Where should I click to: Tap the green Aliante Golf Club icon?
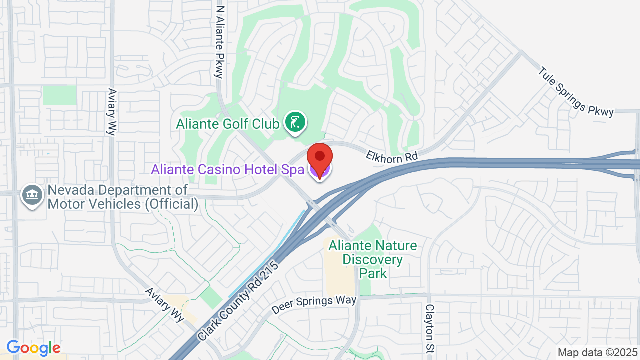pyautogui.click(x=295, y=122)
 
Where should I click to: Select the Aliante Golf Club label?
pyautogui.click(x=227, y=123)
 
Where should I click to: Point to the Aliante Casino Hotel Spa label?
pyautogui.click(x=228, y=169)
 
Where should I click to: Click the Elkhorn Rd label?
pyautogui.click(x=392, y=156)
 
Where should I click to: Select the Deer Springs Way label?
pyautogui.click(x=314, y=305)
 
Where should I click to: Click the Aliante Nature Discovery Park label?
pyautogui.click(x=373, y=259)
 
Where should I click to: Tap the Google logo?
pyautogui.click(x=33, y=348)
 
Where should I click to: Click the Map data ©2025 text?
pyautogui.click(x=597, y=352)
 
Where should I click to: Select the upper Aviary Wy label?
pyautogui.click(x=111, y=112)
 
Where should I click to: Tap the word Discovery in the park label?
pyautogui.click(x=373, y=260)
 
